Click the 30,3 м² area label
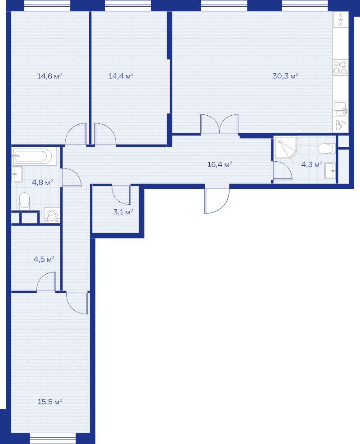click(285, 76)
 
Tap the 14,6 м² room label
click(49, 76)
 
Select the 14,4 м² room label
click(121, 76)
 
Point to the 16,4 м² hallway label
click(220, 164)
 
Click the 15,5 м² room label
click(50, 402)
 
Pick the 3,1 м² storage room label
click(123, 212)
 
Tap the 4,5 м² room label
click(44, 259)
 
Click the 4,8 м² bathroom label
click(42, 182)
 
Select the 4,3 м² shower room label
click(311, 164)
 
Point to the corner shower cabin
click(286, 148)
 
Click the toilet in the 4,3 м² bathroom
click(326, 149)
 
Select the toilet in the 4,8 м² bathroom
click(25, 201)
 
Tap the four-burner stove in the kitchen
click(341, 68)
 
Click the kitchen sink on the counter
click(341, 109)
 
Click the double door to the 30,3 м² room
click(219, 124)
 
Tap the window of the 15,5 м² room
click(53, 438)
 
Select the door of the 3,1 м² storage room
click(121, 195)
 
